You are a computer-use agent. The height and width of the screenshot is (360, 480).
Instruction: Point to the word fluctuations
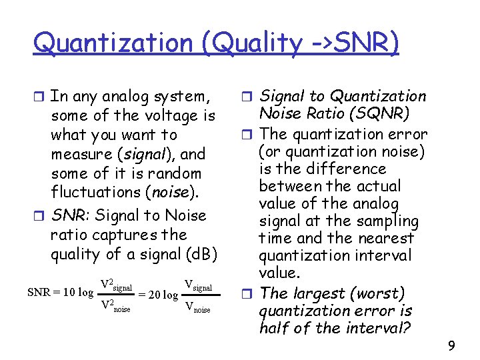coord(99,193)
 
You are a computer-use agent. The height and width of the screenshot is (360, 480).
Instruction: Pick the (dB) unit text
coord(201,255)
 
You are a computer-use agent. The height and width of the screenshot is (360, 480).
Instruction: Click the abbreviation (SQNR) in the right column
coord(383,114)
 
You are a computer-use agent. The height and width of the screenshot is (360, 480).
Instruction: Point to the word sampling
coord(385,221)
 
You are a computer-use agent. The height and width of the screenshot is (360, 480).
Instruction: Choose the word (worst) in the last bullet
coord(383,293)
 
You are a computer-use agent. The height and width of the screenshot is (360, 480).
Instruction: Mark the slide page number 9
coord(451,345)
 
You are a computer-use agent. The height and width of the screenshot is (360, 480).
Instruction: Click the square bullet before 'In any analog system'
coord(41,97)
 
